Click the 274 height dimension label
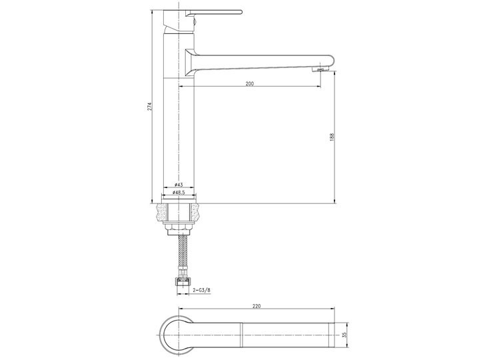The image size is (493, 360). pos(150,107)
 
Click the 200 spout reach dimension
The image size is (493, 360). pos(249,84)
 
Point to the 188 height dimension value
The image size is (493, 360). pos(332,137)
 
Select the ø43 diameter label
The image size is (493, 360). pos(179,185)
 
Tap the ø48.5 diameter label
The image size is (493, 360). pos(179,192)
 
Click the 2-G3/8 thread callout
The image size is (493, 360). pos(202,291)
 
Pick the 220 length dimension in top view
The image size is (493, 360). pos(256,306)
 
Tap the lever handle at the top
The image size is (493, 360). pos(214,13)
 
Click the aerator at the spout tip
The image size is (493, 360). pos(320,69)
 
